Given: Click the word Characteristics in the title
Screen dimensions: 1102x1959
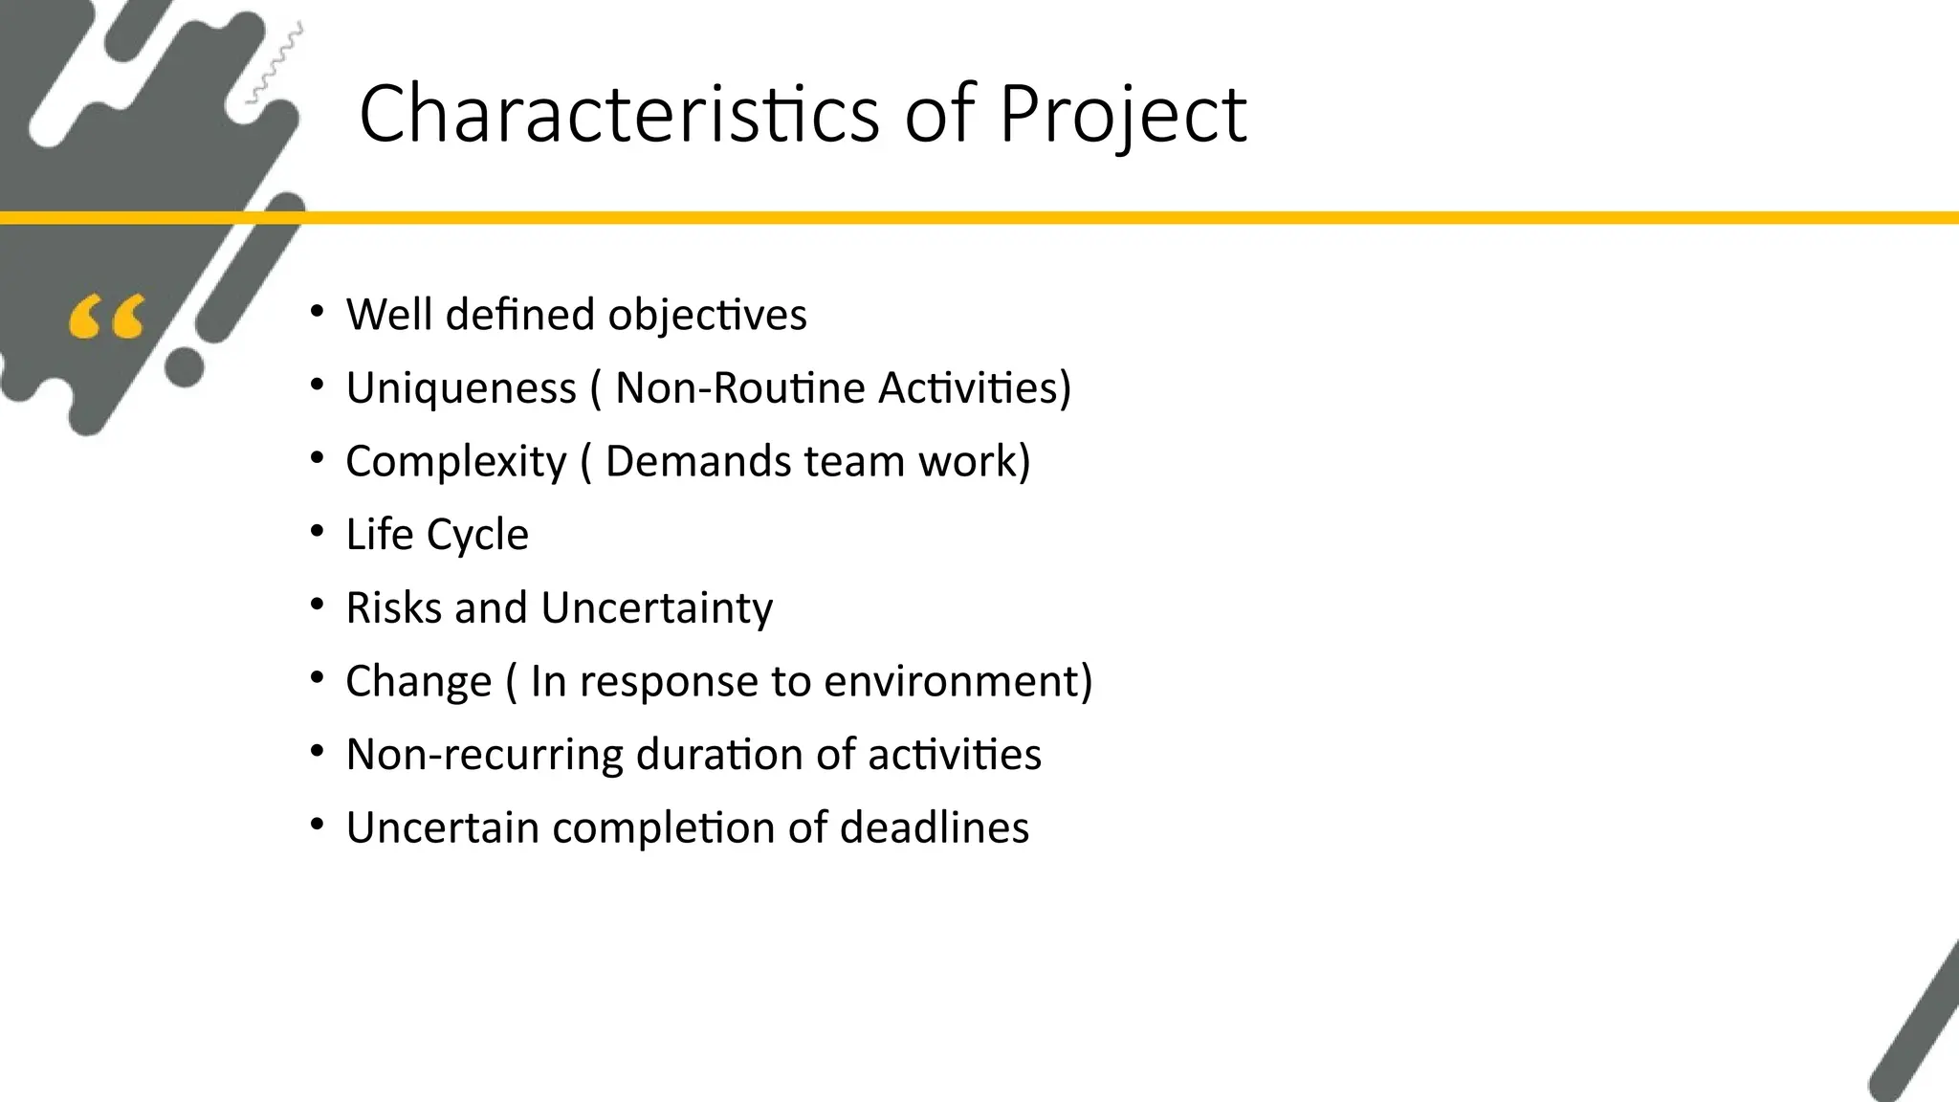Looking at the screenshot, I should tap(618, 114).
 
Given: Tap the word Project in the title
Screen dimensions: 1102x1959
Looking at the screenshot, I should tap(1122, 114).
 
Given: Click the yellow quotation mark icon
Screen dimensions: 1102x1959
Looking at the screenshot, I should tap(107, 318).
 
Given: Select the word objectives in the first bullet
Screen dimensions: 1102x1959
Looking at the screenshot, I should tap(707, 315).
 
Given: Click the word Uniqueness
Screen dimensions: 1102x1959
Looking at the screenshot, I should tap(461, 388).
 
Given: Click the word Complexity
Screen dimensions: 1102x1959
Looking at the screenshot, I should tap(456, 462).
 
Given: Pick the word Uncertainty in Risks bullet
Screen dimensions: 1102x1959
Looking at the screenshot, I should tap(656, 607).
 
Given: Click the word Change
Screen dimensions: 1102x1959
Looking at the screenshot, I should tap(418, 681).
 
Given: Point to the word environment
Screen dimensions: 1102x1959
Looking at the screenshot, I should tap(957, 681).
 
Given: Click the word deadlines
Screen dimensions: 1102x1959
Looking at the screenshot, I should tap(934, 827).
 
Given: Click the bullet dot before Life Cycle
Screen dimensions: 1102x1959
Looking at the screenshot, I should tap(318, 532).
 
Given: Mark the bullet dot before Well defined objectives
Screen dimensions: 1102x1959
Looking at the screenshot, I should tap(318, 312).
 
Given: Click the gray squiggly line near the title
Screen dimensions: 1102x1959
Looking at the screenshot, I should tap(275, 63).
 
